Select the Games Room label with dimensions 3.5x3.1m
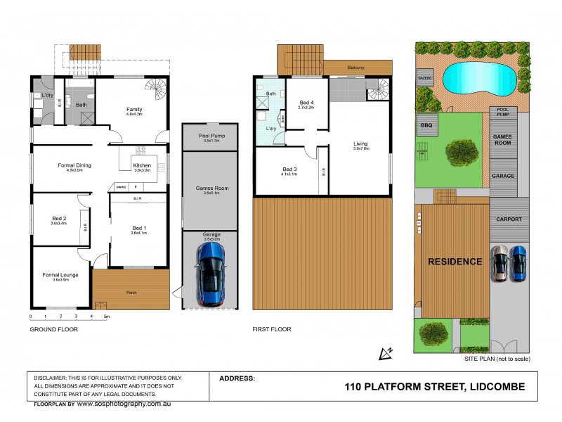(x=209, y=189)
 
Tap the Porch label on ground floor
(x=131, y=293)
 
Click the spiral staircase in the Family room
(x=157, y=89)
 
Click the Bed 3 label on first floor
(x=289, y=170)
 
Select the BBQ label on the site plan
(x=426, y=125)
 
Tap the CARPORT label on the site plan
(x=509, y=219)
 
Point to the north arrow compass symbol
(x=385, y=352)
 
